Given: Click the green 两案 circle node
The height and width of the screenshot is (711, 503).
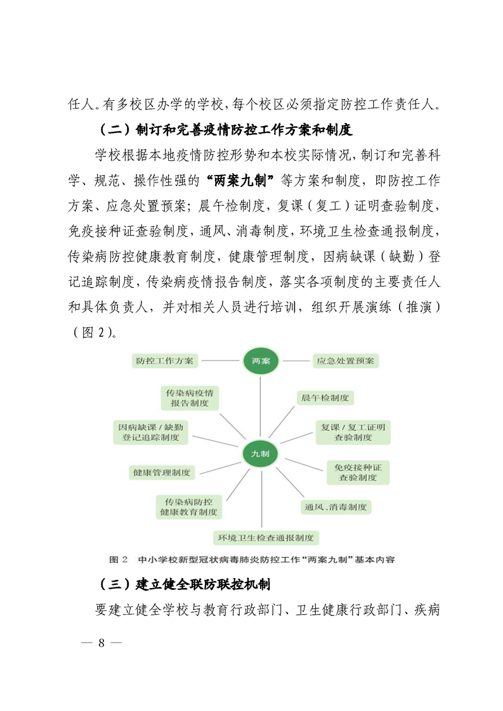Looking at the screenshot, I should point(261,361).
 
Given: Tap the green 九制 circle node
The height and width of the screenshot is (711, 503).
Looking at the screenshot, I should point(261,454).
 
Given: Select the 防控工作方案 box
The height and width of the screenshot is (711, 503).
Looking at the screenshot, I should point(166,361).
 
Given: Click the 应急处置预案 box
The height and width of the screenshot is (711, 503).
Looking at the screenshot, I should point(346,361).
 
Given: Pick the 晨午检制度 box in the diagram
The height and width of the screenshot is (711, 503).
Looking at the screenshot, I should point(325,397).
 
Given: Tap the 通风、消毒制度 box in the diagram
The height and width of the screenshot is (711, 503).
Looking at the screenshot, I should point(336,507).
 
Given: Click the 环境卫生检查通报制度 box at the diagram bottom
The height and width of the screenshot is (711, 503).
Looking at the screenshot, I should point(266,538).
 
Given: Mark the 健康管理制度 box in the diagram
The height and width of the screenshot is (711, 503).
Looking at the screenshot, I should point(161,472).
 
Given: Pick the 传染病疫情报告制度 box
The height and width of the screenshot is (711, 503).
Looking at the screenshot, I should point(190,397).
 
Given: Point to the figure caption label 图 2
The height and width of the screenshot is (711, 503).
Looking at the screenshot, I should point(119,560).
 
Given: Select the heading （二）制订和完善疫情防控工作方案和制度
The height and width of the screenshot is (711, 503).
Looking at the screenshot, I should point(225,131).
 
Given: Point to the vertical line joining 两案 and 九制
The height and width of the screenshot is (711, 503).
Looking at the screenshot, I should point(261,406).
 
